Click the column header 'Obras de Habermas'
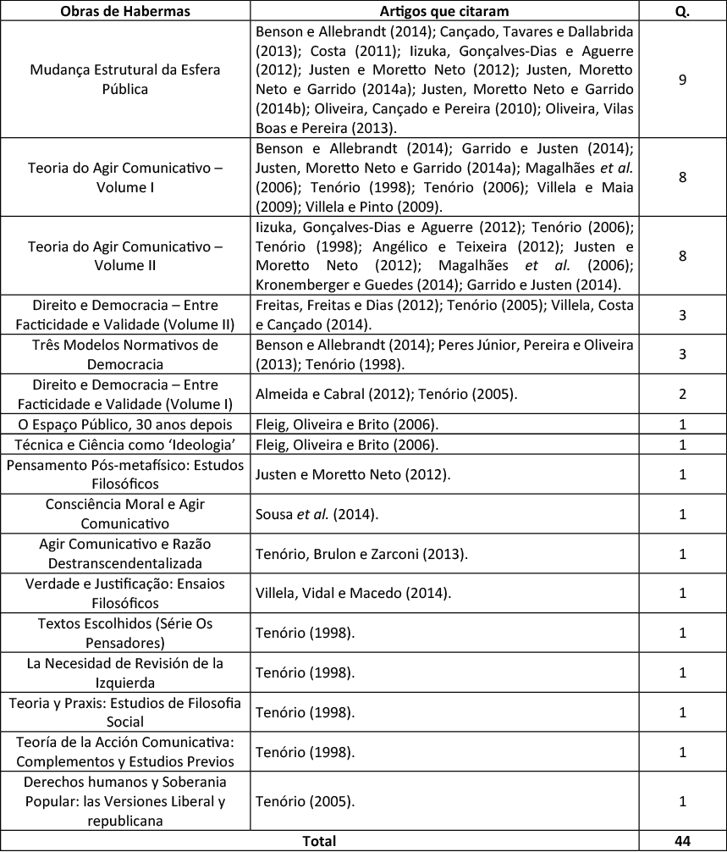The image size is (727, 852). [x=125, y=9]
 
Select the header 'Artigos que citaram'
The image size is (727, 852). [x=456, y=9]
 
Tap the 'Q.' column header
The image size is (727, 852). [x=681, y=9]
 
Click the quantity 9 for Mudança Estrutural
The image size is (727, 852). [x=681, y=79]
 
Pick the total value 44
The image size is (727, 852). [x=681, y=841]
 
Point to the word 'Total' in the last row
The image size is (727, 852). [x=318, y=841]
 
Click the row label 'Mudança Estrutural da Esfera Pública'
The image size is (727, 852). [x=125, y=79]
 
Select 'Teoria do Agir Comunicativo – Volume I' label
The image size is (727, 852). [x=125, y=177]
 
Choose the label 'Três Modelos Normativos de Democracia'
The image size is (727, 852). [x=125, y=355]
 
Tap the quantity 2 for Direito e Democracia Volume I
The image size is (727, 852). [x=681, y=394]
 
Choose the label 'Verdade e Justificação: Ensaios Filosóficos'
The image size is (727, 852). [x=125, y=593]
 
